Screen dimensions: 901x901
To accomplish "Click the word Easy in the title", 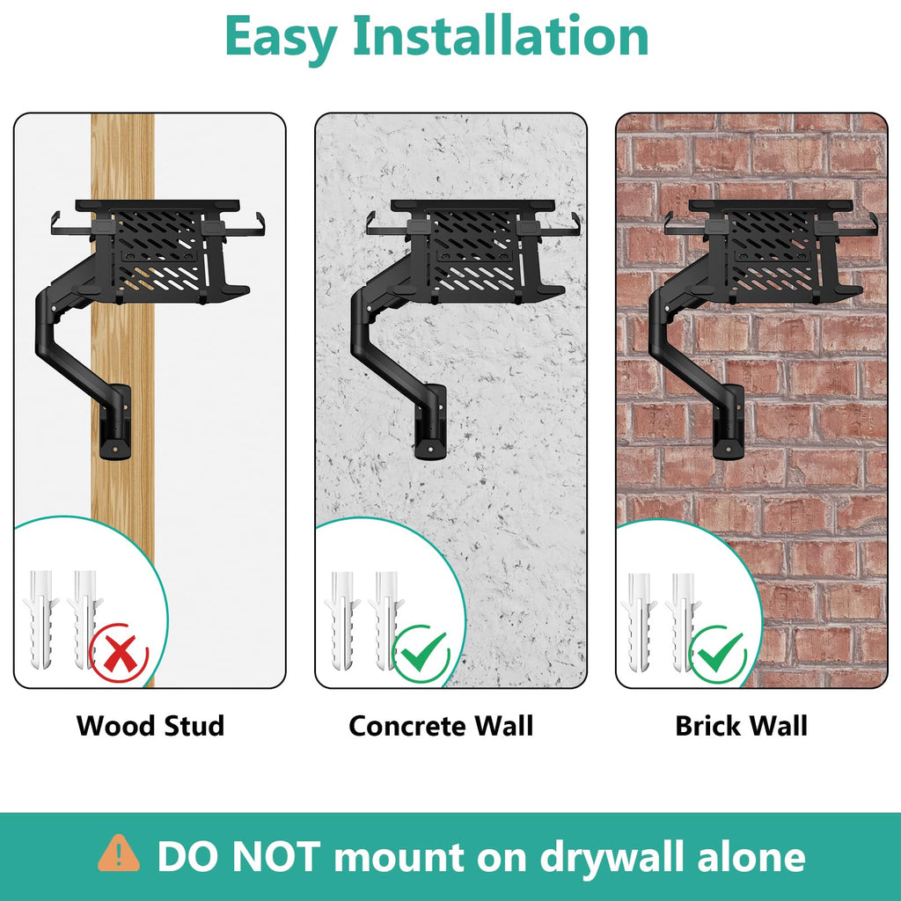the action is coord(281,38).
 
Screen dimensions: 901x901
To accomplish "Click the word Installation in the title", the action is coord(501,35).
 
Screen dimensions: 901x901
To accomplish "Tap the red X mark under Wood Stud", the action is coord(119,654).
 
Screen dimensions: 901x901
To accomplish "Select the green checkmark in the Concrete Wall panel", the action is coord(422,653).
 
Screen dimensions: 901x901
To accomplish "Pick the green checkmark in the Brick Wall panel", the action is coord(719,654).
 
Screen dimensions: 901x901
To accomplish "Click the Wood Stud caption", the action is coord(150,726).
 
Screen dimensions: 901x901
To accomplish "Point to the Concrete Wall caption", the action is coord(441,726).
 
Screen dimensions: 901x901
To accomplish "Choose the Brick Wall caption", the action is coord(741,726).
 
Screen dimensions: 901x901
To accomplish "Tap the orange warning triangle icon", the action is coord(119,853).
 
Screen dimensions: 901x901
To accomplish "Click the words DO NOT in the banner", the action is coord(238,857).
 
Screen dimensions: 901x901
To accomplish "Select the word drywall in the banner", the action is coord(611,857).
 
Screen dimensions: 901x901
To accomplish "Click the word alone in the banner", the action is coord(751,857).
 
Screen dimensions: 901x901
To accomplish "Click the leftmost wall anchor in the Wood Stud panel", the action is coord(40,619).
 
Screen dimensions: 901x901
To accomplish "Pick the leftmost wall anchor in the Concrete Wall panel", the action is coord(342,620).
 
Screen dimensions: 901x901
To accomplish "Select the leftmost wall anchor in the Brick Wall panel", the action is coord(639,622).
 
